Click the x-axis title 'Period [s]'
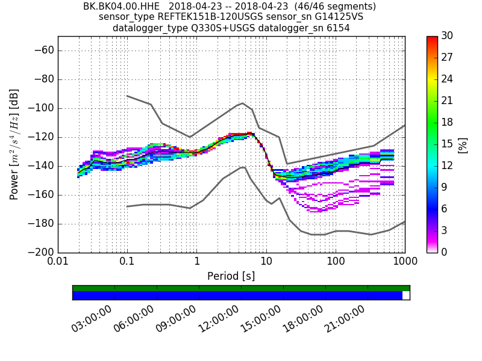pos(231,276)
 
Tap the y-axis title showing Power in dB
pos(14,144)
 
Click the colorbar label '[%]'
pos(463,144)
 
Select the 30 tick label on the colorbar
pos(448,36)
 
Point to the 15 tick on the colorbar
pos(448,144)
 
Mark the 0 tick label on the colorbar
pos(445,252)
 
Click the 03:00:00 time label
pos(92,318)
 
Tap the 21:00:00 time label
pos(345,318)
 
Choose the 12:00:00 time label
pos(219,318)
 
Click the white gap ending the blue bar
pos(406,295)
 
